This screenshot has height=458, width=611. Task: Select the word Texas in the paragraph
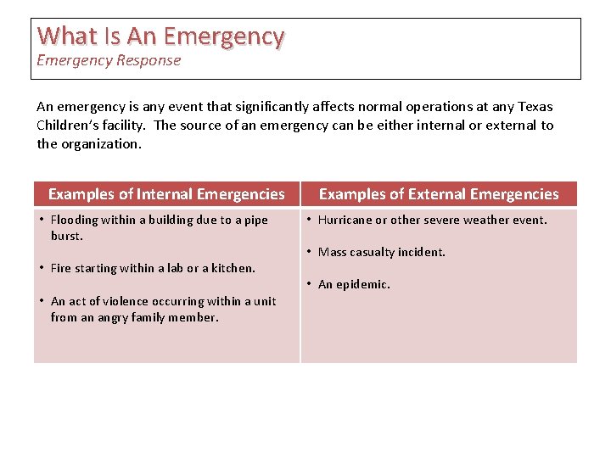tap(535, 107)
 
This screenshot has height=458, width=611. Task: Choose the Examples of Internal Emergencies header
tap(166, 194)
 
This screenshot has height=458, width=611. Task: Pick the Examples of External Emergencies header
tap(439, 194)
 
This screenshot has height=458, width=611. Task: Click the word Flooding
tap(74, 220)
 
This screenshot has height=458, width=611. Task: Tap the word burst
tap(66, 236)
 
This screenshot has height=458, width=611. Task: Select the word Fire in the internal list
tap(60, 268)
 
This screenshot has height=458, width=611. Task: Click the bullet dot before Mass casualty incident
tap(310, 252)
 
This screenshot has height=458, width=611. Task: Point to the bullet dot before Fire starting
tap(42, 268)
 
